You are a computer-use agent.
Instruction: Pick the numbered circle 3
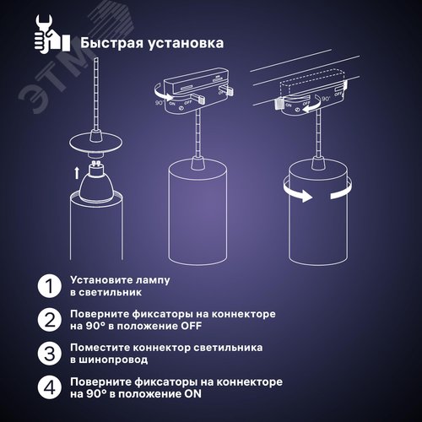click(x=51, y=354)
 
